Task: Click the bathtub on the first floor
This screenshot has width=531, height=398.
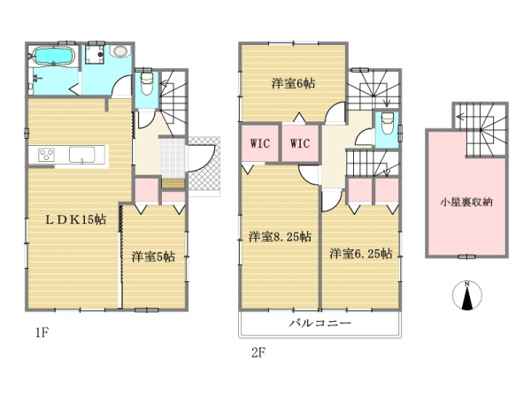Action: pos(53,56)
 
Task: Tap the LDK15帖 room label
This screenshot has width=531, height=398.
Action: pos(76,220)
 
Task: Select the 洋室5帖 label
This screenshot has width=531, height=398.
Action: pos(153,256)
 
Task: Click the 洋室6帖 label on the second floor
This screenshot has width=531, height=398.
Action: pos(293,83)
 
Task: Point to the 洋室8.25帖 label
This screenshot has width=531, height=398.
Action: pos(280,237)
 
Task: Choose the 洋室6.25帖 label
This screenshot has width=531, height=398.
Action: pos(361,254)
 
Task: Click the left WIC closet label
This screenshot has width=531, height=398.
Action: pos(260,143)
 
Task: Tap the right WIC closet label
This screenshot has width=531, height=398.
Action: pos(300,143)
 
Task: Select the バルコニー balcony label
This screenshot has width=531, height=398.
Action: pos(320,323)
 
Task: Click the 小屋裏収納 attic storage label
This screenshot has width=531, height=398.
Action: pos(466,203)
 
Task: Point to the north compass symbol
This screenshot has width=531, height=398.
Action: pos(467,295)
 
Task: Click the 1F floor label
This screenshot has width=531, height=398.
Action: pos(42,333)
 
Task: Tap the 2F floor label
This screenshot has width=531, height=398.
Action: pos(258,353)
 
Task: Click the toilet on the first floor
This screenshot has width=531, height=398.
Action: pos(147,84)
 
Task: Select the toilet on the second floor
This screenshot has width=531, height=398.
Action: pos(387,124)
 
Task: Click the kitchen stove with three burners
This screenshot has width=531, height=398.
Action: pos(47,155)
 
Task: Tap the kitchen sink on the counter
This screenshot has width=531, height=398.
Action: pos(82,155)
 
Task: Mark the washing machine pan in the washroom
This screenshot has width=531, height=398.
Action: pos(95,54)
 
